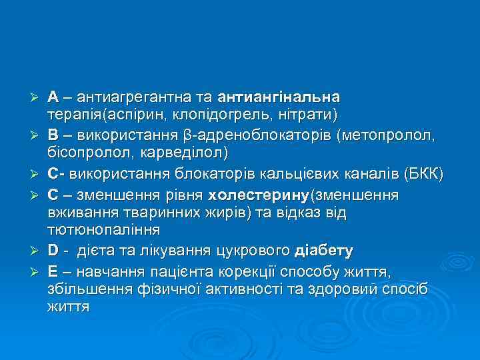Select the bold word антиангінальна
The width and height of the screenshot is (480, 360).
pyautogui.click(x=283, y=98)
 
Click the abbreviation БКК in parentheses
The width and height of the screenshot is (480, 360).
pyautogui.click(x=423, y=175)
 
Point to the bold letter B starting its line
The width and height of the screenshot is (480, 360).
pyautogui.click(x=53, y=137)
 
